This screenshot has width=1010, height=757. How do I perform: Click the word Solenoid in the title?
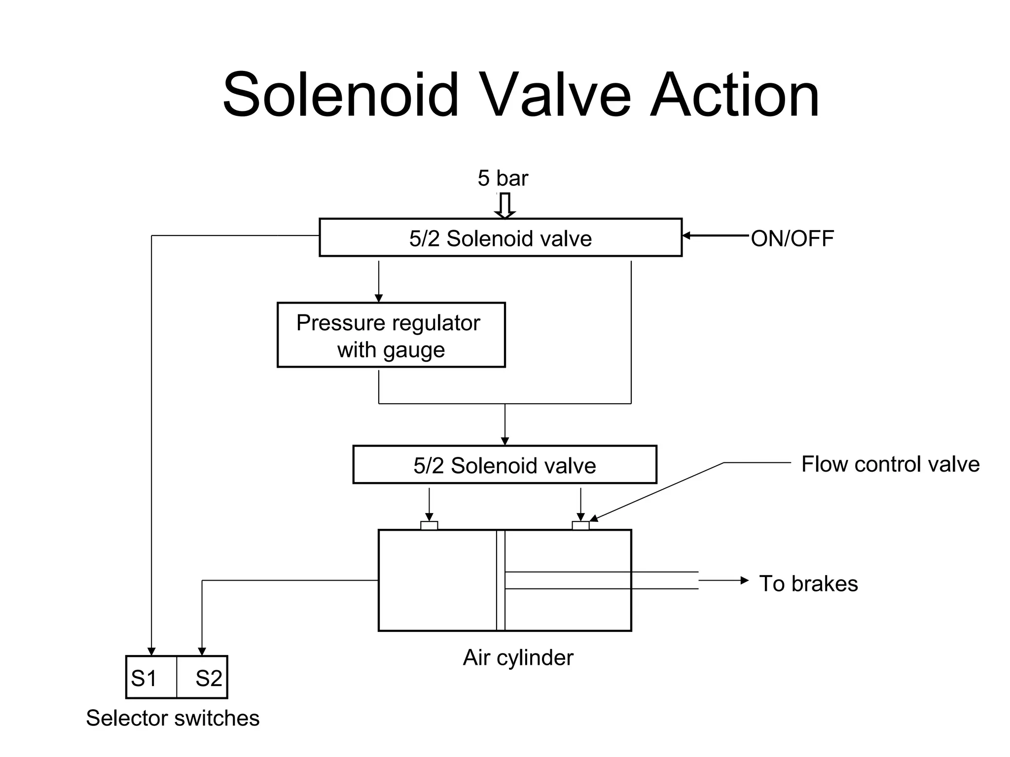click(341, 95)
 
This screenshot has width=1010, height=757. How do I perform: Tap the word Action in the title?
click(734, 95)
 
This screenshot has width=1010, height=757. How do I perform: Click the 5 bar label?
click(502, 178)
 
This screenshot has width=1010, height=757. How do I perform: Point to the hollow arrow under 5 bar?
click(505, 206)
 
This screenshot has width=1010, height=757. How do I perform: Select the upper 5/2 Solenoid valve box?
click(500, 238)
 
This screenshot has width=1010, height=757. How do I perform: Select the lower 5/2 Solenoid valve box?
click(505, 465)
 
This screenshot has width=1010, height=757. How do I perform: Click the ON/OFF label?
click(792, 238)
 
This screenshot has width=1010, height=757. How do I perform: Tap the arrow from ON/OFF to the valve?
click(715, 236)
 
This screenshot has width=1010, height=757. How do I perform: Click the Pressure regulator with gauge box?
click(391, 335)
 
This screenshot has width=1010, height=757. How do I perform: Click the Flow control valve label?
click(890, 464)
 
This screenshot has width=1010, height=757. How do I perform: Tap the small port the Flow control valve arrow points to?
click(580, 525)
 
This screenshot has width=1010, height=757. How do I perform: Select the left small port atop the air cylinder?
click(429, 525)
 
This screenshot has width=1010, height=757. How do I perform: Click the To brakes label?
click(808, 584)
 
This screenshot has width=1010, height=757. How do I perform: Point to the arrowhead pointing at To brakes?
click(744, 581)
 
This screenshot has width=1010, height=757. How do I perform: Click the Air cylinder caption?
click(518, 657)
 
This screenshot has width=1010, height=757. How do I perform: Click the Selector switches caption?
click(173, 718)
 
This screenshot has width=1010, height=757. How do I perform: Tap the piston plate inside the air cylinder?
click(501, 581)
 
